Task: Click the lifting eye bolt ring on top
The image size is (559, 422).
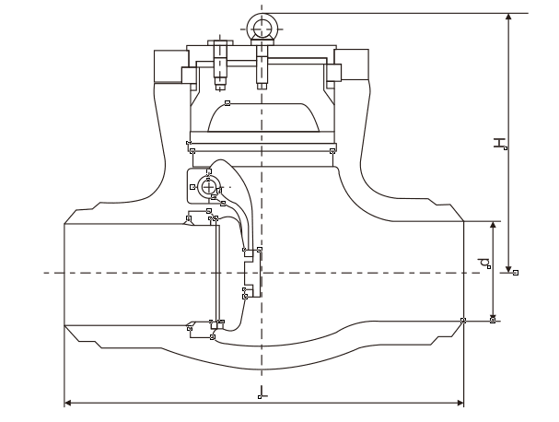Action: point(262,25)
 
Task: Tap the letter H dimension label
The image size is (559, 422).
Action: point(498,143)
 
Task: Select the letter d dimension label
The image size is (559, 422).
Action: point(484,264)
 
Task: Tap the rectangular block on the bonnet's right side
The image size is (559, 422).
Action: point(355,64)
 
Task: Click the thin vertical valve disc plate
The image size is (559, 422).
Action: point(217,271)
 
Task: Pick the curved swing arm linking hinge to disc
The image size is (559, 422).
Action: point(238,207)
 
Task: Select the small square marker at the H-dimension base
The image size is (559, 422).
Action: point(516,272)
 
